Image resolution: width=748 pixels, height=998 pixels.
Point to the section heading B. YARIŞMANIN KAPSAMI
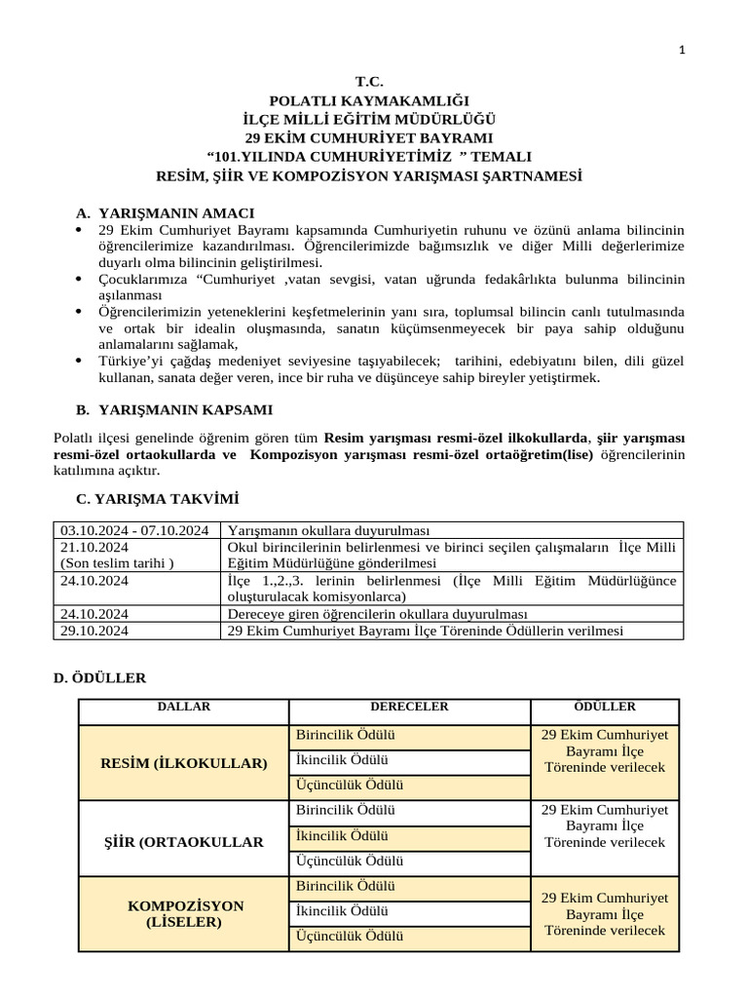click(174, 409)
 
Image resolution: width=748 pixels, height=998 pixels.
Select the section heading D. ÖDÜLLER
click(100, 676)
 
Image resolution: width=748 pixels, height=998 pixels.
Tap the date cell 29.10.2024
click(94, 631)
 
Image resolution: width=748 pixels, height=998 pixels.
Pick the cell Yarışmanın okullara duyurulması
click(327, 530)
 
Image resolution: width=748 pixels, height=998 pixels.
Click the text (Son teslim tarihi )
click(118, 563)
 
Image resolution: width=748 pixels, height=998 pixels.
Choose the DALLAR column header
click(183, 707)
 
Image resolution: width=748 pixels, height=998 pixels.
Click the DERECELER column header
click(409, 707)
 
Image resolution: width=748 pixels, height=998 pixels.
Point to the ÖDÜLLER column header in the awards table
click(605, 707)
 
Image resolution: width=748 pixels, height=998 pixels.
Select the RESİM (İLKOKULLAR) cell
click(183, 762)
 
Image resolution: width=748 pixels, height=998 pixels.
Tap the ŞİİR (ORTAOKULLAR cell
click(183, 841)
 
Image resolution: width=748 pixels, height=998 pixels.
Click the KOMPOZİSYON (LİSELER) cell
click(185, 913)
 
